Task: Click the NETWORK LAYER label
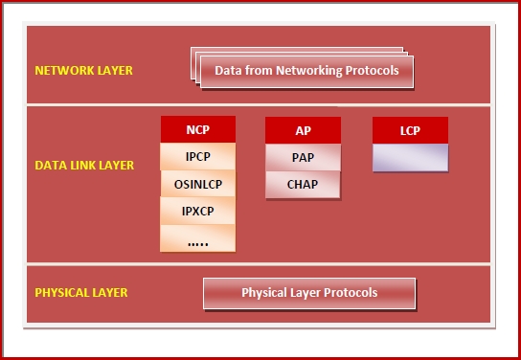83,71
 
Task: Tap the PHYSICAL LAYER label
80,293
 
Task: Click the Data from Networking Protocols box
306,71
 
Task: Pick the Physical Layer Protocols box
309,293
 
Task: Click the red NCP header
197,129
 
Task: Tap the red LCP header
410,130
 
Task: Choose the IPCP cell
197,155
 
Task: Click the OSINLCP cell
197,182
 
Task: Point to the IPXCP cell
197,209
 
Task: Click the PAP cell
303,157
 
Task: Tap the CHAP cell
303,184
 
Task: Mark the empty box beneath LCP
410,157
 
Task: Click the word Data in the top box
228,71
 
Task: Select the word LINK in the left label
83,166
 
